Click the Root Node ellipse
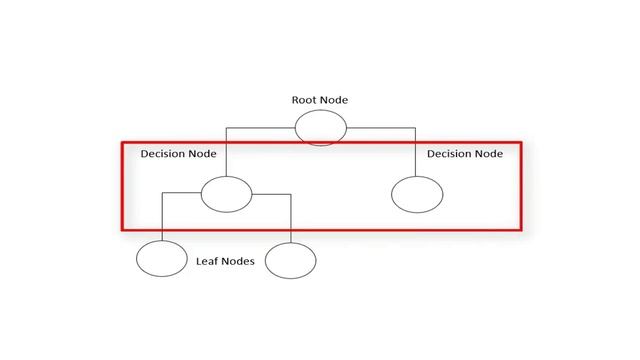pyautogui.click(x=320, y=127)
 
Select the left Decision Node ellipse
pyautogui.click(x=226, y=193)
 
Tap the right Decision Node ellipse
pyautogui.click(x=416, y=193)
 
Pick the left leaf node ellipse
pyautogui.click(x=162, y=259)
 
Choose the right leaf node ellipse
pyautogui.click(x=290, y=259)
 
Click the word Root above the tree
pyautogui.click(x=304, y=100)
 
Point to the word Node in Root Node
pyautogui.click(x=334, y=100)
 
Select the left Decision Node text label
pyautogui.click(x=178, y=154)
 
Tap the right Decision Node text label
pyautogui.click(x=465, y=154)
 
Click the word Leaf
pyautogui.click(x=207, y=261)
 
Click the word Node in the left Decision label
pyautogui.click(x=203, y=154)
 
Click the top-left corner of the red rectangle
pyautogui.click(x=122, y=141)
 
